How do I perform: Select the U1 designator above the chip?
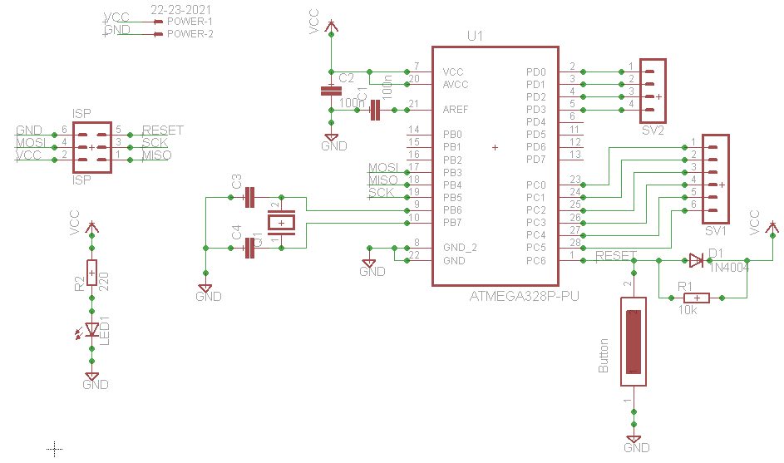point(475,37)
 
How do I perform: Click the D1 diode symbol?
point(696,260)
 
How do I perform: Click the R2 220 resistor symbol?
point(91,273)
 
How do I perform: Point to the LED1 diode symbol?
point(91,330)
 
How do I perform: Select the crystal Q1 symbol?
point(281,222)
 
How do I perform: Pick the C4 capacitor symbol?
point(249,248)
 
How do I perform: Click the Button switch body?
point(634,341)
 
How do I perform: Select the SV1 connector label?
point(715,230)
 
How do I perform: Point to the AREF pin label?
point(455,110)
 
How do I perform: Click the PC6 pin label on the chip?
point(536,260)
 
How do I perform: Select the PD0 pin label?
point(536,72)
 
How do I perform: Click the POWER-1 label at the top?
point(190,22)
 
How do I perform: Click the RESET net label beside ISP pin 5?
point(162,131)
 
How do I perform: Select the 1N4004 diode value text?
point(730,268)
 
